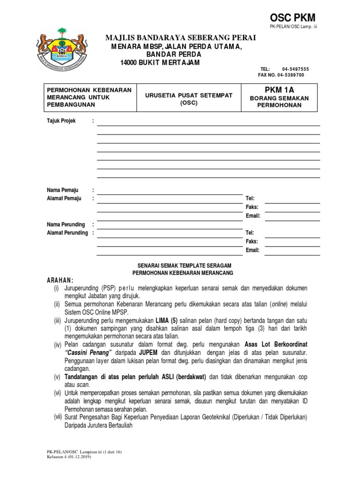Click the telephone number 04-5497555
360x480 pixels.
(295, 69)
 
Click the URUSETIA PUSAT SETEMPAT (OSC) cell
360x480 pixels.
(188, 98)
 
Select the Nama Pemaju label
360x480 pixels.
(63, 190)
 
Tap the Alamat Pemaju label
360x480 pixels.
(64, 198)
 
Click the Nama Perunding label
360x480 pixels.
(66, 225)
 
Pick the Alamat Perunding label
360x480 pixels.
(67, 233)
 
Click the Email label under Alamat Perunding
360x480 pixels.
(253, 250)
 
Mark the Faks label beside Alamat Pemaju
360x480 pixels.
(252, 207)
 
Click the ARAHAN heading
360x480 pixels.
(60, 280)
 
